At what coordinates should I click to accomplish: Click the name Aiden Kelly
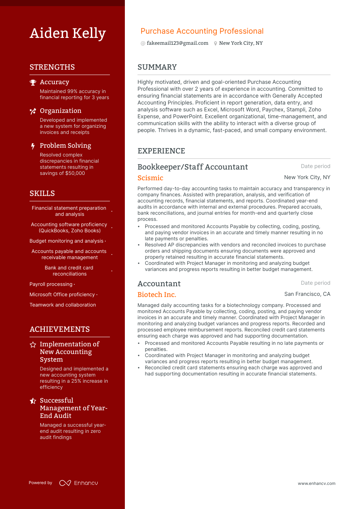click(68, 33)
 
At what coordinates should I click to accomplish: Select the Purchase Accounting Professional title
click(202, 31)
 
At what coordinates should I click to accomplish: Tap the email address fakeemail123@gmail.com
click(177, 43)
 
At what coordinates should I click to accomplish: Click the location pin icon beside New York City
click(216, 44)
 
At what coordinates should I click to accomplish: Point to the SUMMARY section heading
click(157, 67)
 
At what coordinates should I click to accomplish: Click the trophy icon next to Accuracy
click(33, 82)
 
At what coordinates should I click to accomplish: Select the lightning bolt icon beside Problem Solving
click(33, 146)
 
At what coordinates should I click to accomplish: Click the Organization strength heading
click(61, 111)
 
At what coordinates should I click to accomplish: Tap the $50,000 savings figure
click(75, 173)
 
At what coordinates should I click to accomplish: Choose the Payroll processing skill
click(51, 284)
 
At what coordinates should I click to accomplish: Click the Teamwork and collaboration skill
click(63, 305)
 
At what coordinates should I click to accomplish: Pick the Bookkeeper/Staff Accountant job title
click(193, 167)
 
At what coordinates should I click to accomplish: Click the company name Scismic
click(150, 178)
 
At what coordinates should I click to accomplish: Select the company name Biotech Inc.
click(157, 295)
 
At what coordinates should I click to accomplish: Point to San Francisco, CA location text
click(307, 294)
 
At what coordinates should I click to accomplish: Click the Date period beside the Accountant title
click(315, 283)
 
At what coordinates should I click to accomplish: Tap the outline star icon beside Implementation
click(33, 345)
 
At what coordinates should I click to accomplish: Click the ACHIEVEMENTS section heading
click(60, 330)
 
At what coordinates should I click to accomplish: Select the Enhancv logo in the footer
click(79, 483)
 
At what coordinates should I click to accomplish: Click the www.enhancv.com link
click(316, 484)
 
